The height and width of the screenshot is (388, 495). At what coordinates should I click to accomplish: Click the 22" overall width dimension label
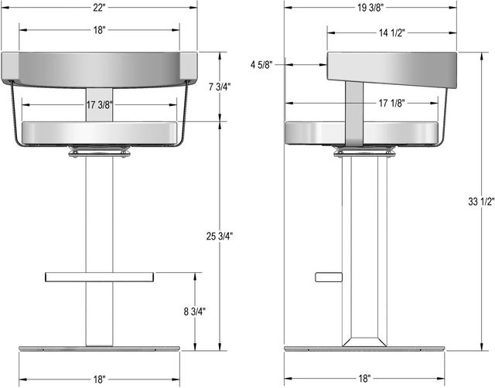click(x=99, y=8)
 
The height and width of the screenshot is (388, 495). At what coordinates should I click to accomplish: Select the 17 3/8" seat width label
click(x=99, y=104)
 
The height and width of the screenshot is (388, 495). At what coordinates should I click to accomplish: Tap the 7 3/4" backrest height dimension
click(x=220, y=87)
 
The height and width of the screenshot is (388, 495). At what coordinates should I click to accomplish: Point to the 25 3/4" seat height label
click(x=220, y=236)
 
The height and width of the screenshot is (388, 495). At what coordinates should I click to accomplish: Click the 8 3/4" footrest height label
click(x=194, y=311)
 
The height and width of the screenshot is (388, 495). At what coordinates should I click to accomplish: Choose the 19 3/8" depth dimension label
click(x=370, y=8)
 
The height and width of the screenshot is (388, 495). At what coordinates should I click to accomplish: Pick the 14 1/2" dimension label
click(x=391, y=32)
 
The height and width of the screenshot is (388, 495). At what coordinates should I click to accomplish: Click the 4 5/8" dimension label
click(x=261, y=65)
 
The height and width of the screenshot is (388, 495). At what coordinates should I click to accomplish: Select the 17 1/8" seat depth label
click(x=391, y=103)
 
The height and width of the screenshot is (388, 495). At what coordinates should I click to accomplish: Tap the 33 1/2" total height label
click(x=481, y=202)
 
